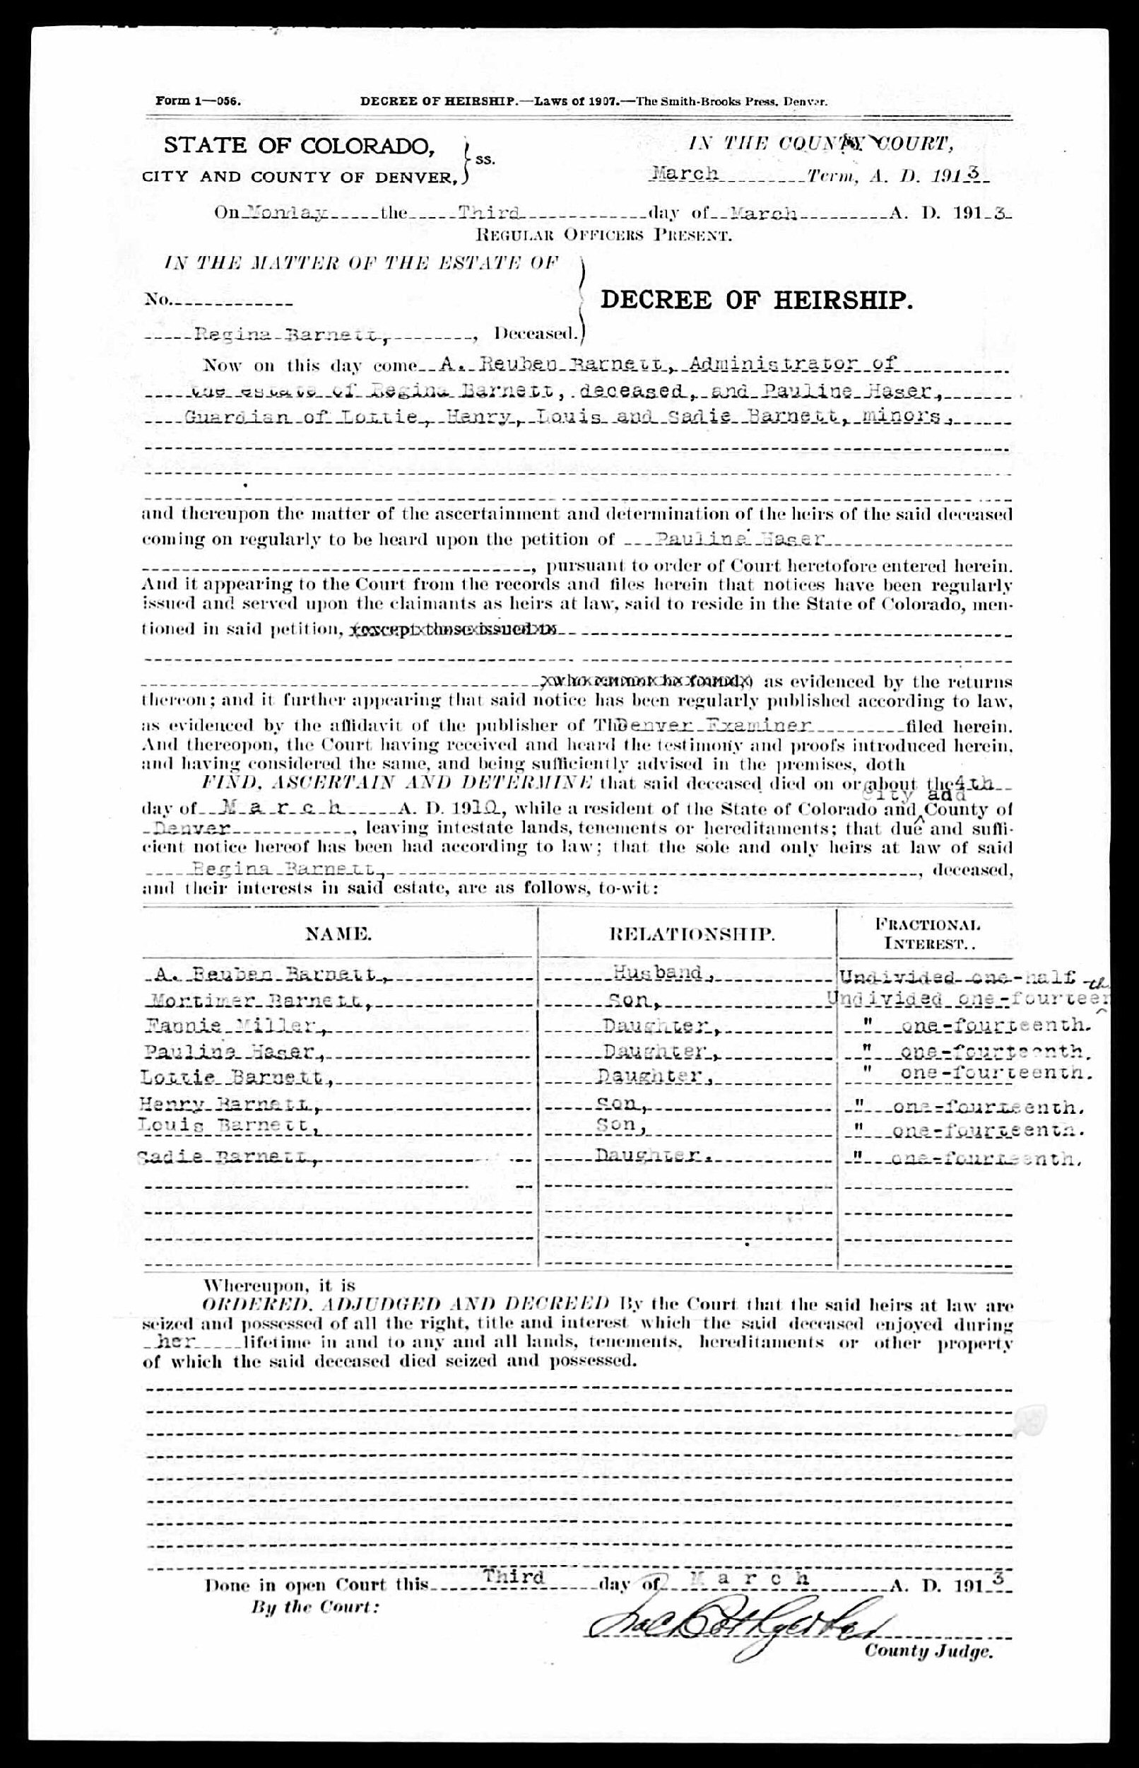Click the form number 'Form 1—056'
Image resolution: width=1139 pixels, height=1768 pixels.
pyautogui.click(x=199, y=102)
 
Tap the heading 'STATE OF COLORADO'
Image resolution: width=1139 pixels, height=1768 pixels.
pyautogui.click(x=299, y=146)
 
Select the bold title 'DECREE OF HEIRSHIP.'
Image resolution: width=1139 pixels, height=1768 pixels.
pyautogui.click(x=757, y=300)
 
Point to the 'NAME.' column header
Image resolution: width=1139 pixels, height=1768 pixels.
pyautogui.click(x=338, y=934)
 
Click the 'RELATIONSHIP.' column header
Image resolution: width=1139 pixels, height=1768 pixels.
pyautogui.click(x=692, y=934)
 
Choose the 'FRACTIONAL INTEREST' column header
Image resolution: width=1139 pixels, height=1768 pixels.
pyautogui.click(x=928, y=934)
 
